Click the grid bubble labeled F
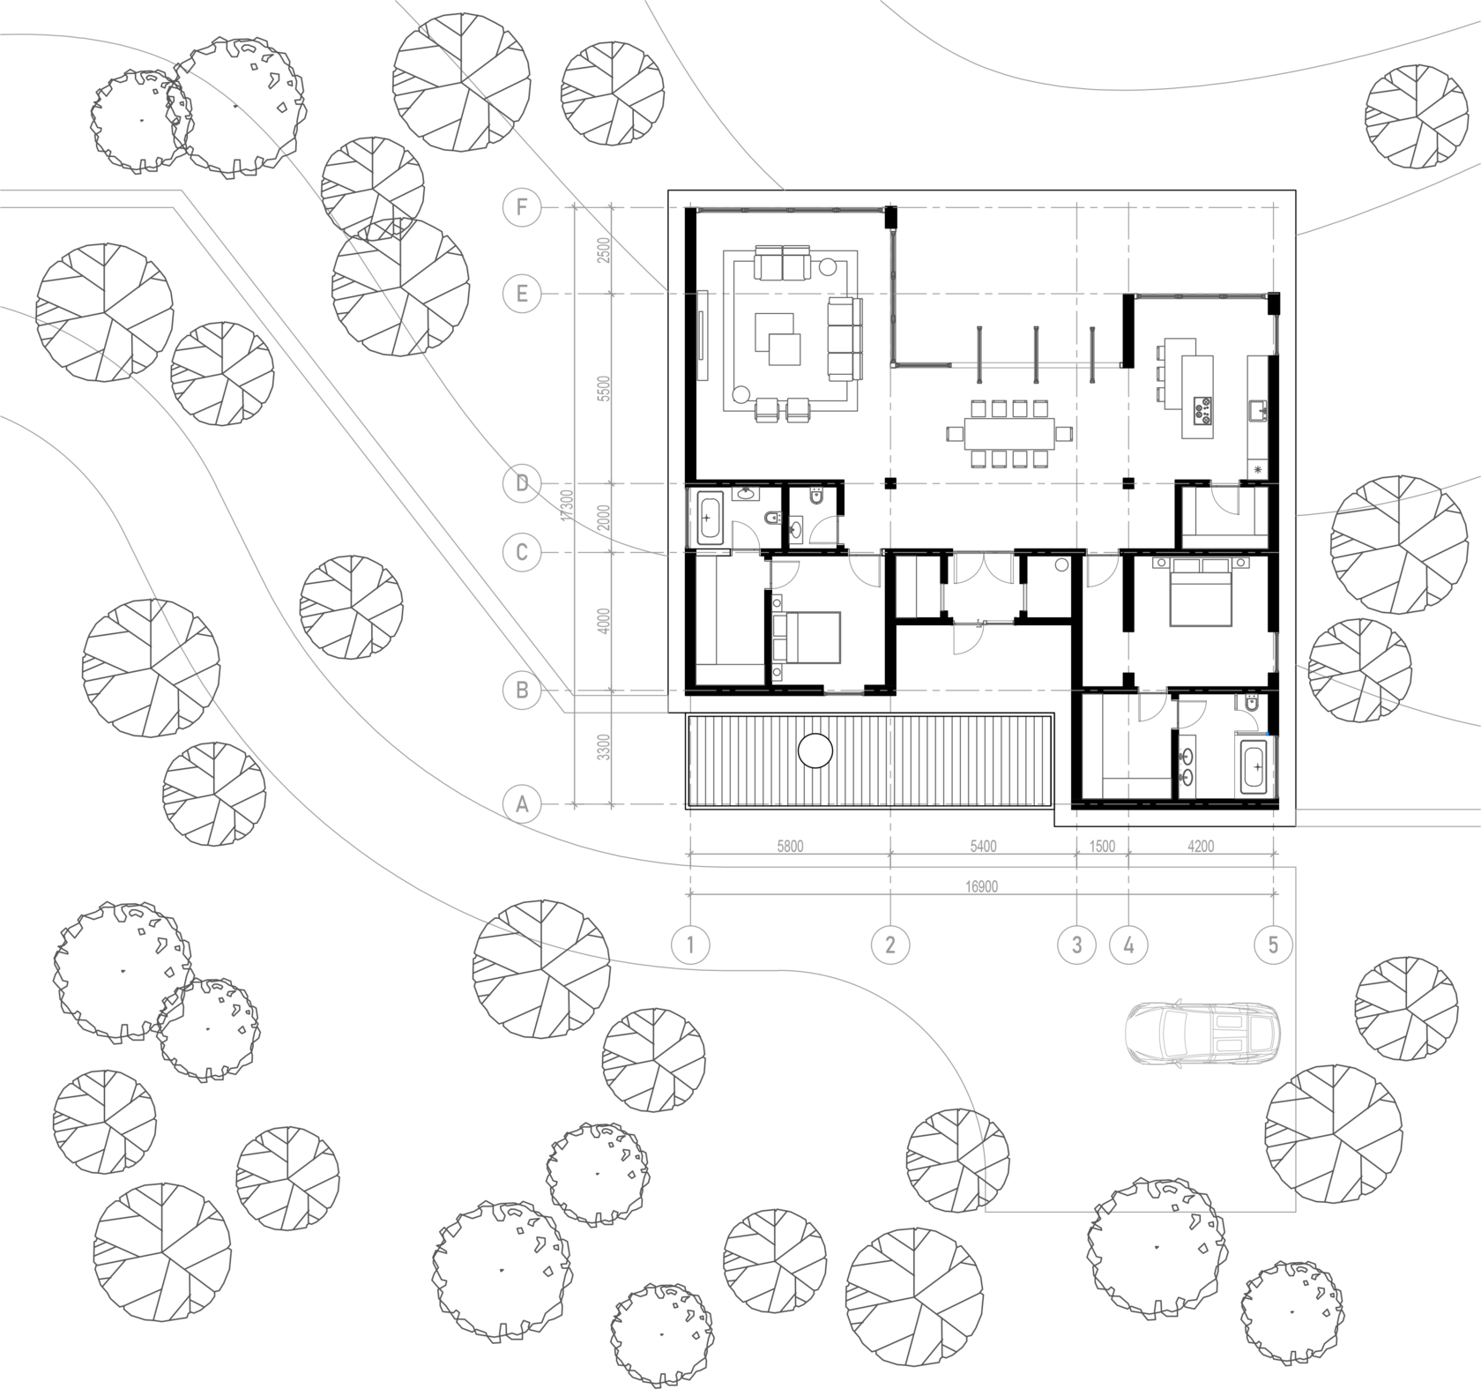pyautogui.click(x=522, y=209)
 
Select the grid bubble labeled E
pyautogui.click(x=522, y=294)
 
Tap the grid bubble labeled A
pyautogui.click(x=522, y=804)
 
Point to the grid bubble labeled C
pyautogui.click(x=522, y=553)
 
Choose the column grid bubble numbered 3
pyautogui.click(x=1076, y=945)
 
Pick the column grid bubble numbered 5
pyautogui.click(x=1273, y=945)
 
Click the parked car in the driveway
pyautogui.click(x=1202, y=1033)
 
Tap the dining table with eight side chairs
pyautogui.click(x=1009, y=434)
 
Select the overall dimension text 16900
pyautogui.click(x=982, y=885)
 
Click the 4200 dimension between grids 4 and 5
pyautogui.click(x=1201, y=846)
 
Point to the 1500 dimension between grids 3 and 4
pyautogui.click(x=1103, y=846)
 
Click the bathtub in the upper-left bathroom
pyautogui.click(x=710, y=518)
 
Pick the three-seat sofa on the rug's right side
pyautogui.click(x=845, y=339)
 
